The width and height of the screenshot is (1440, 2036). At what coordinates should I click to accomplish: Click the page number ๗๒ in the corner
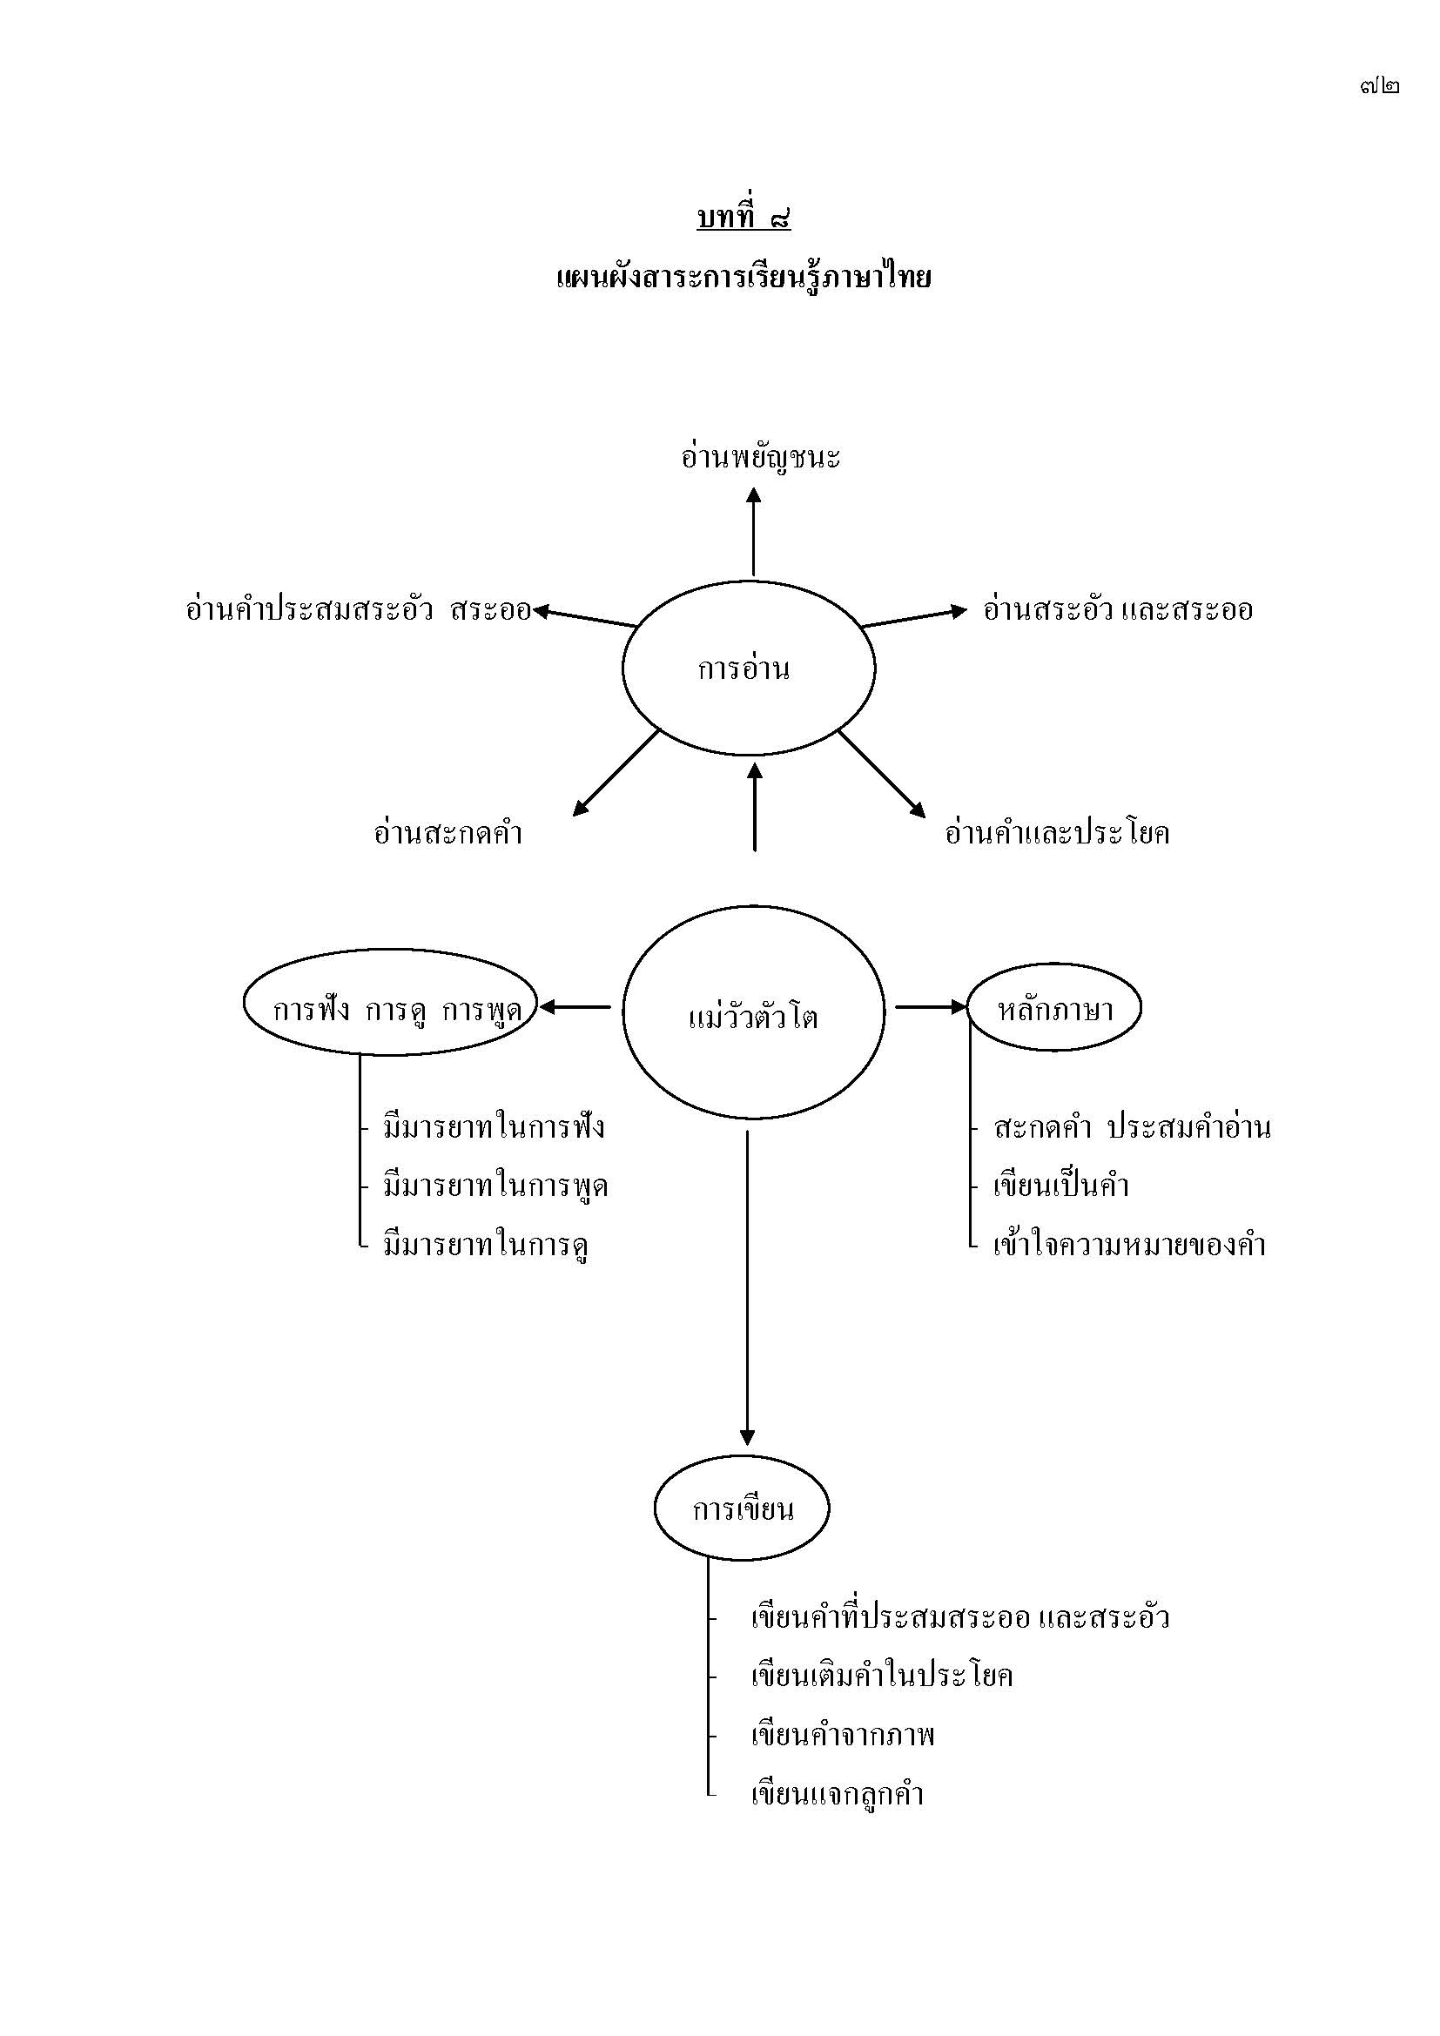(x=1380, y=86)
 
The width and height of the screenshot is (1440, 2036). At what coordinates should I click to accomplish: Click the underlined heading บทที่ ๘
(x=743, y=218)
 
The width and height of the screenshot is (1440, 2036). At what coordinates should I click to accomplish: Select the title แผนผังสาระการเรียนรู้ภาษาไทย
(x=743, y=278)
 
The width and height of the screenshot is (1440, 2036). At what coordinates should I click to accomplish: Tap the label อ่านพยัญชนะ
(x=760, y=458)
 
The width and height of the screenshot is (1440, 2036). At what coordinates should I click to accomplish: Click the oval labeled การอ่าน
(x=749, y=669)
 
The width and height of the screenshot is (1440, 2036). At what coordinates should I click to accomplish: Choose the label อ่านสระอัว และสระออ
(x=1117, y=610)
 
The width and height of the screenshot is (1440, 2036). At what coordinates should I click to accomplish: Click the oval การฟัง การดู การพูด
(x=391, y=1007)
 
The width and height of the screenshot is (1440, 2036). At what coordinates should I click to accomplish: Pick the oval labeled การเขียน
(x=742, y=1508)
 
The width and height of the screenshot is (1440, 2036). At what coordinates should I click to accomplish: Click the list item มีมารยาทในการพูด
(x=495, y=1186)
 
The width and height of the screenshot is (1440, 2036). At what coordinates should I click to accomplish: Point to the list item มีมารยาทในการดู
(x=485, y=1245)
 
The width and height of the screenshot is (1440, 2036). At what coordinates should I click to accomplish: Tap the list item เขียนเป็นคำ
(x=1060, y=1186)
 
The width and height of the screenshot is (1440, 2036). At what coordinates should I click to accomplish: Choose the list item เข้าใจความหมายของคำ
(x=1129, y=1245)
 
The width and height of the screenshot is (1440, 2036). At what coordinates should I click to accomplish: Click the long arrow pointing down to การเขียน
(x=747, y=1286)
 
